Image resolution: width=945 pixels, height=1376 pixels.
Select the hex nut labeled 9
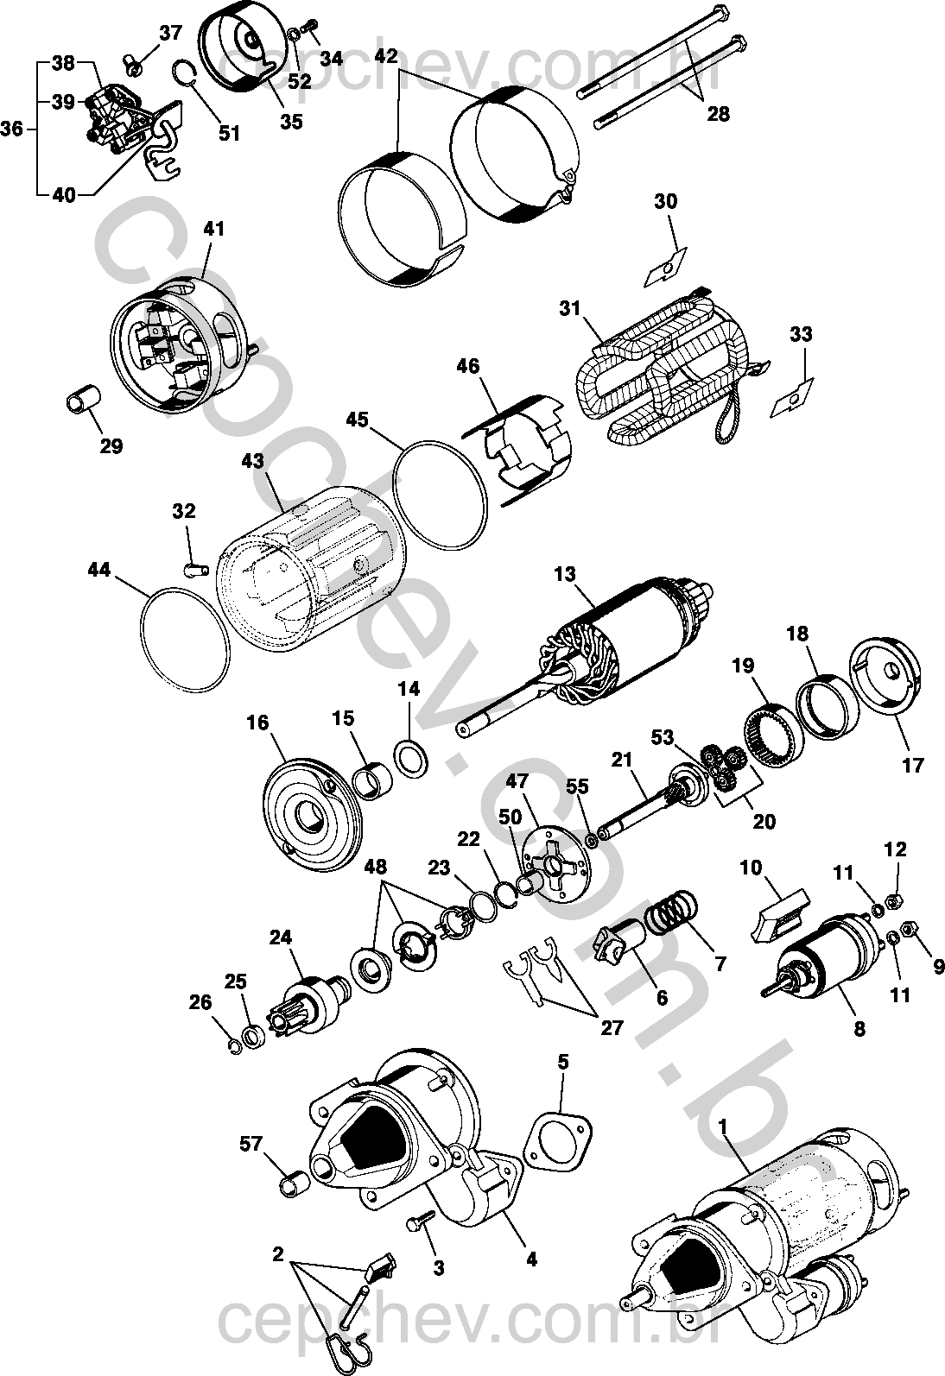click(908, 931)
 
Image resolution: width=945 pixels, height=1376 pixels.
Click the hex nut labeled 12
click(895, 899)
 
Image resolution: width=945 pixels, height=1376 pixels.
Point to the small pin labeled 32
click(194, 567)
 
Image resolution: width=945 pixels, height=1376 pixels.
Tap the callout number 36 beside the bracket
click(13, 129)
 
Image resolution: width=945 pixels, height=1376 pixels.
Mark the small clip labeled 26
click(234, 1047)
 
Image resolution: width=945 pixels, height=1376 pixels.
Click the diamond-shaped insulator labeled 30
click(668, 267)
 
